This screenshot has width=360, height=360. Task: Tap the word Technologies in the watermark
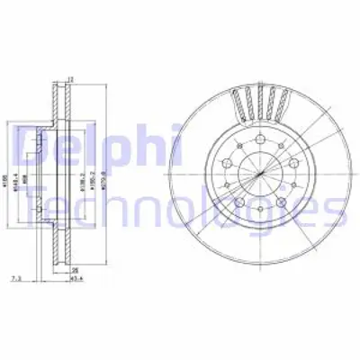[180, 211]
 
